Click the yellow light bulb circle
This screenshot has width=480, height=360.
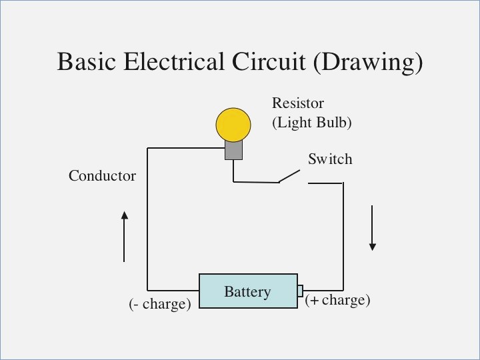(x=233, y=125)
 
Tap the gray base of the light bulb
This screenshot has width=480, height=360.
(x=233, y=151)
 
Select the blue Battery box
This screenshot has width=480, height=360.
(x=248, y=291)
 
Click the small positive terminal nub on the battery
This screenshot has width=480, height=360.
(x=301, y=291)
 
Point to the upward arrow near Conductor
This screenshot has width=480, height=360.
(x=124, y=236)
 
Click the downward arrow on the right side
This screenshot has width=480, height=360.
(x=373, y=228)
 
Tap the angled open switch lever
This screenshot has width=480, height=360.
(x=289, y=176)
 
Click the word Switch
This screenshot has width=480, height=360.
(x=329, y=159)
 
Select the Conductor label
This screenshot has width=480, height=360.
(x=102, y=176)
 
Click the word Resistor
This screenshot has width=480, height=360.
(x=297, y=103)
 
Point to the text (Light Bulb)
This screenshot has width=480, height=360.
(x=311, y=123)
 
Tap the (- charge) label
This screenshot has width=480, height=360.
(x=160, y=304)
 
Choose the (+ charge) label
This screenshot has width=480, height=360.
(x=337, y=300)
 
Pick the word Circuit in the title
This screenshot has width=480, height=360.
(x=269, y=62)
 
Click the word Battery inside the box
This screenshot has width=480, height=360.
(x=247, y=292)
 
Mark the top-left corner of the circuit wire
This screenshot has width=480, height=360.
(x=147, y=148)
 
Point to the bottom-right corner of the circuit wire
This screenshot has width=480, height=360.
(x=343, y=291)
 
